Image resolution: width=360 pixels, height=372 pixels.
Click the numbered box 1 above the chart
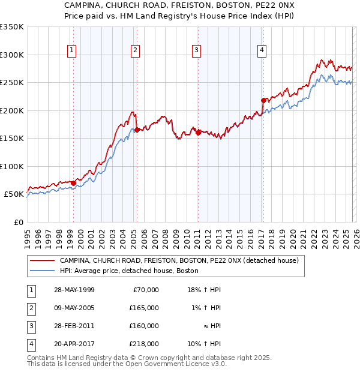(71, 50)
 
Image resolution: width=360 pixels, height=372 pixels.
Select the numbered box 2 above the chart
(135, 50)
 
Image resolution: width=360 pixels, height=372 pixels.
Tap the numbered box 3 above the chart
(196, 50)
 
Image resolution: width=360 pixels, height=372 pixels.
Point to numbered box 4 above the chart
(262, 50)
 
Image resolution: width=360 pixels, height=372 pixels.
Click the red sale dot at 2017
(263, 100)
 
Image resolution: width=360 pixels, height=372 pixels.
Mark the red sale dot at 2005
(137, 130)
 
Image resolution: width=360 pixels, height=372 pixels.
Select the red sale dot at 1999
(73, 182)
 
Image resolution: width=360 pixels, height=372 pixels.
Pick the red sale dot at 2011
(198, 133)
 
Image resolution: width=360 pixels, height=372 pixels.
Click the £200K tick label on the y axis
(11, 110)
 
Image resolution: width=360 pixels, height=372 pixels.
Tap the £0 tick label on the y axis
(19, 222)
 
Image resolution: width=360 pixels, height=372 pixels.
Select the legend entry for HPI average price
(129, 271)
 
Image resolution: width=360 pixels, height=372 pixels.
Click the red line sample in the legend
(42, 261)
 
